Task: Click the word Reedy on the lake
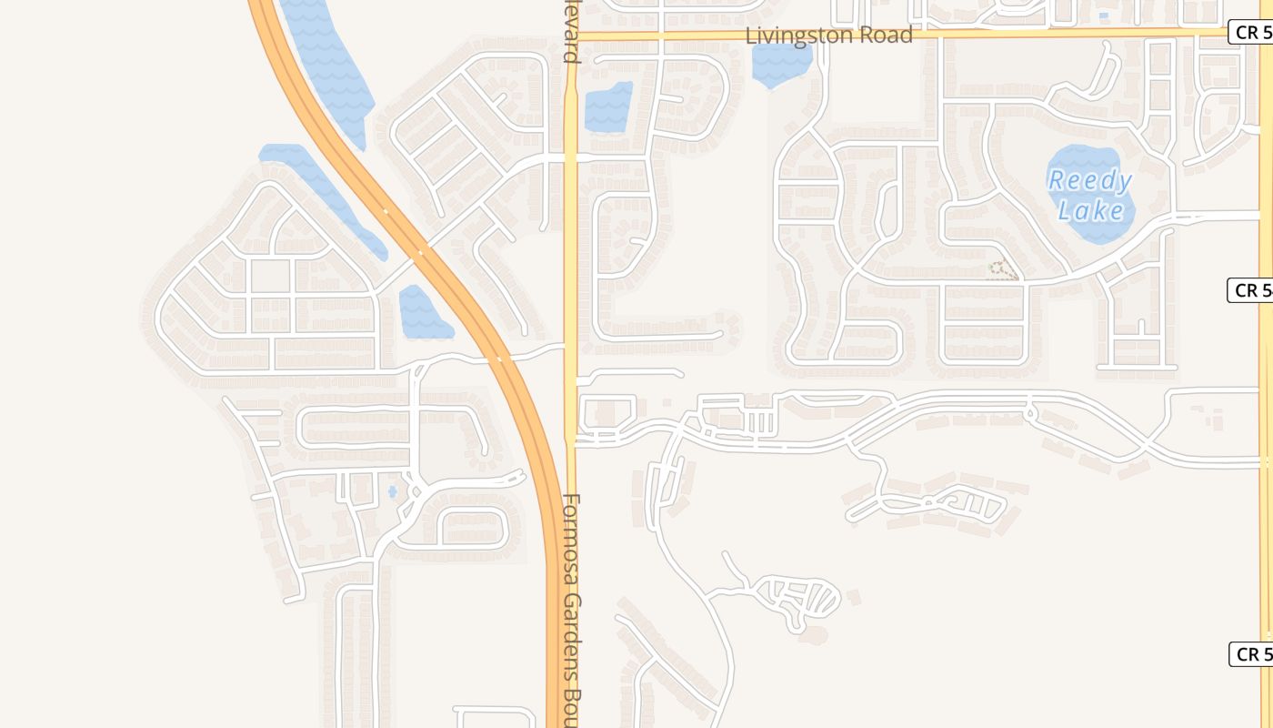tap(1089, 180)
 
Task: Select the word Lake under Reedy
tap(1091, 211)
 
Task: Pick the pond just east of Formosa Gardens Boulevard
tap(607, 106)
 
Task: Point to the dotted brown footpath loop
tap(1002, 269)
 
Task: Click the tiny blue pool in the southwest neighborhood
tap(393, 492)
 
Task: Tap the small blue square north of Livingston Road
tap(1104, 16)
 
